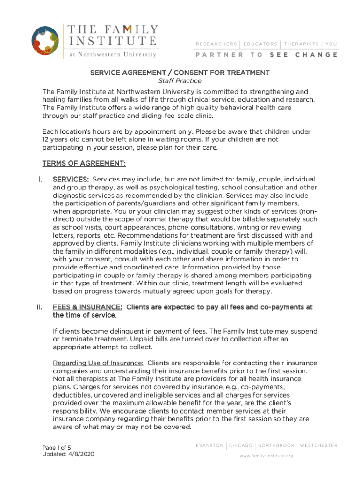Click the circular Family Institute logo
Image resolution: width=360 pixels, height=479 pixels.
point(45,41)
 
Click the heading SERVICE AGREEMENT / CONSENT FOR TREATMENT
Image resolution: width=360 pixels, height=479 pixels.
point(180,73)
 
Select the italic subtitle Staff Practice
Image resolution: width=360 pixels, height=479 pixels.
point(180,81)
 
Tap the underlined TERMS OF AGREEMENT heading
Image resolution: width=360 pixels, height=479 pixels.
point(84,163)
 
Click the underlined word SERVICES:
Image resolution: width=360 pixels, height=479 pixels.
point(71,180)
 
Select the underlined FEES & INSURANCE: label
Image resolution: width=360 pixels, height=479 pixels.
point(88,307)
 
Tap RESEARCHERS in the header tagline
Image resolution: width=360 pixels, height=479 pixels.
point(216,44)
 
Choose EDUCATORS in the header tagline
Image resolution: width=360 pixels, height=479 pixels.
point(260,44)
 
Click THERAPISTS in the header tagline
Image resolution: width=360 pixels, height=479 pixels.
point(301,44)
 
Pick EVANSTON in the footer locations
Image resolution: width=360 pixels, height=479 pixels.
point(209,445)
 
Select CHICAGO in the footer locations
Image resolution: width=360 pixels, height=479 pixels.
point(241,445)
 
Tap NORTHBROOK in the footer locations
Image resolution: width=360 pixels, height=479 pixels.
point(276,445)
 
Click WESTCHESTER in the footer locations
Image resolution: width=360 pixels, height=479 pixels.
point(318,445)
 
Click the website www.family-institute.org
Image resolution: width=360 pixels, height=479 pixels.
point(266,456)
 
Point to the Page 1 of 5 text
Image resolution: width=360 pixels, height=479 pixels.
point(57,448)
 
